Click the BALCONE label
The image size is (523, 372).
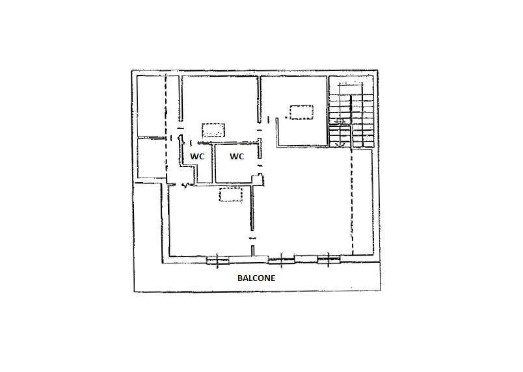click(256, 278)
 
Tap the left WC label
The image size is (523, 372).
click(197, 156)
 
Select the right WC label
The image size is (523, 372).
click(237, 156)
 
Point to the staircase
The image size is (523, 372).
click(351, 113)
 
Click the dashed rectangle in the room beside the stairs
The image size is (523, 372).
click(302, 113)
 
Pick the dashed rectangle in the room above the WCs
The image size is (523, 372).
click(213, 130)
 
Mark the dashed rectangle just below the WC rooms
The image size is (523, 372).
click(230, 194)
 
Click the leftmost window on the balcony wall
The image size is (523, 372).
click(218, 260)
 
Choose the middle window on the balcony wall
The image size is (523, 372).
click(282, 259)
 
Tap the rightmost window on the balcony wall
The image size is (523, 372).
click(329, 259)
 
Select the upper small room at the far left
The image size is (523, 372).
click(152, 106)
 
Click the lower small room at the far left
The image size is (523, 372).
click(152, 158)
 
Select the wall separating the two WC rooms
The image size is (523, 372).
click(213, 163)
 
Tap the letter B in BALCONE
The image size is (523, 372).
click(240, 278)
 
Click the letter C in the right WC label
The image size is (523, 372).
click(241, 156)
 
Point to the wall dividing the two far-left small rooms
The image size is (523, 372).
click(152, 138)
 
